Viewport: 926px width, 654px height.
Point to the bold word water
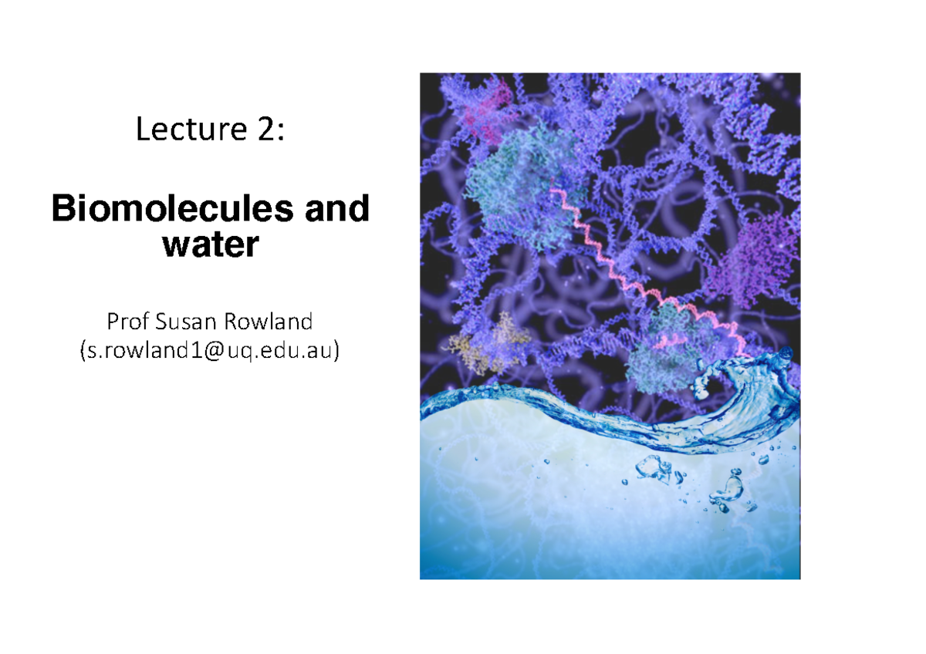[209, 244]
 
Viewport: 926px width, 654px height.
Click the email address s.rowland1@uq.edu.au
[209, 351]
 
